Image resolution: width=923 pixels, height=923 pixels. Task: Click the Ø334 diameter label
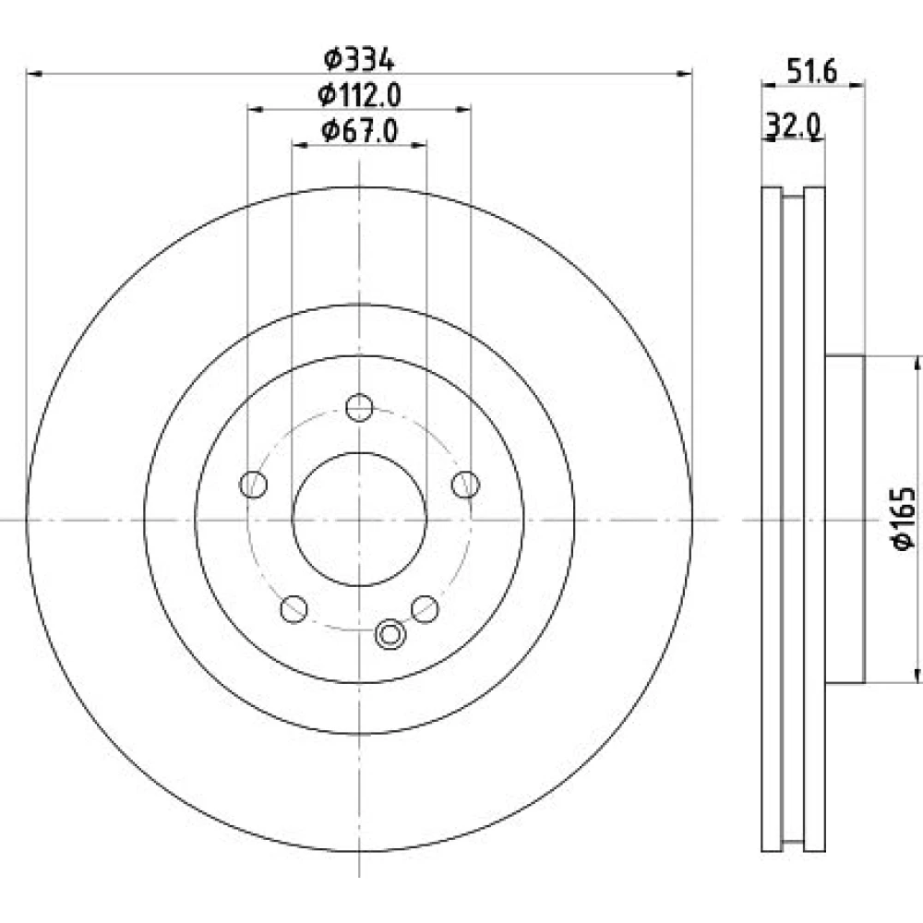coord(358,59)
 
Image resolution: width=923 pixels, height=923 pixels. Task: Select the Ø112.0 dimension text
coord(359,95)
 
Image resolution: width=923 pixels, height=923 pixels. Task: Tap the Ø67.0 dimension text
coord(359,130)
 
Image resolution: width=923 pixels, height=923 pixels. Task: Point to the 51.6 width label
coord(811,72)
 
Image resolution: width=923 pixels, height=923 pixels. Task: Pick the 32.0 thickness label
coord(793,126)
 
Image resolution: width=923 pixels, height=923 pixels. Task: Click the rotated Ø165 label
coord(905,519)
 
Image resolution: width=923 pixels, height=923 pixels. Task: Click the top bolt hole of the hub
coord(359,407)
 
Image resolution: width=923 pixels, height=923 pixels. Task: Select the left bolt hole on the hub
coord(254,485)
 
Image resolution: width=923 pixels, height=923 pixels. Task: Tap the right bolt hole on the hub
coord(465,485)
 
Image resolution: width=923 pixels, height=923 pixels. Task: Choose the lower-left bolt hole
coord(294,609)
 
